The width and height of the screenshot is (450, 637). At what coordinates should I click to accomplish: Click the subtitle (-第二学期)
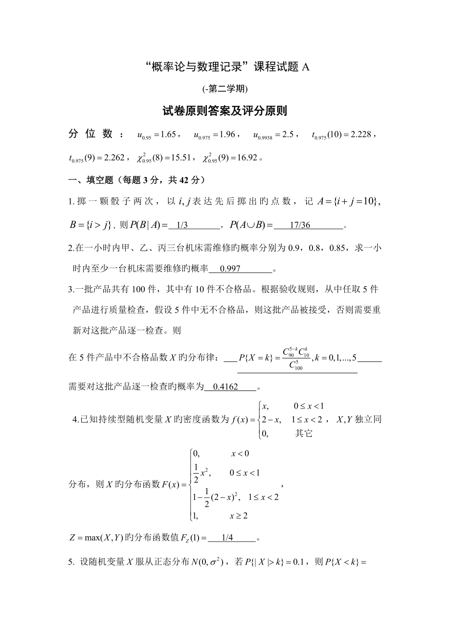[x=225, y=89]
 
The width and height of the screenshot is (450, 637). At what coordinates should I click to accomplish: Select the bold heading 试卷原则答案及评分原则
[x=225, y=112]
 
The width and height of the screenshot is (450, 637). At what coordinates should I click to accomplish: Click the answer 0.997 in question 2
[x=230, y=269]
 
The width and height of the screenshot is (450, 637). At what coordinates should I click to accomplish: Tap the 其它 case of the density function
[x=303, y=433]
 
